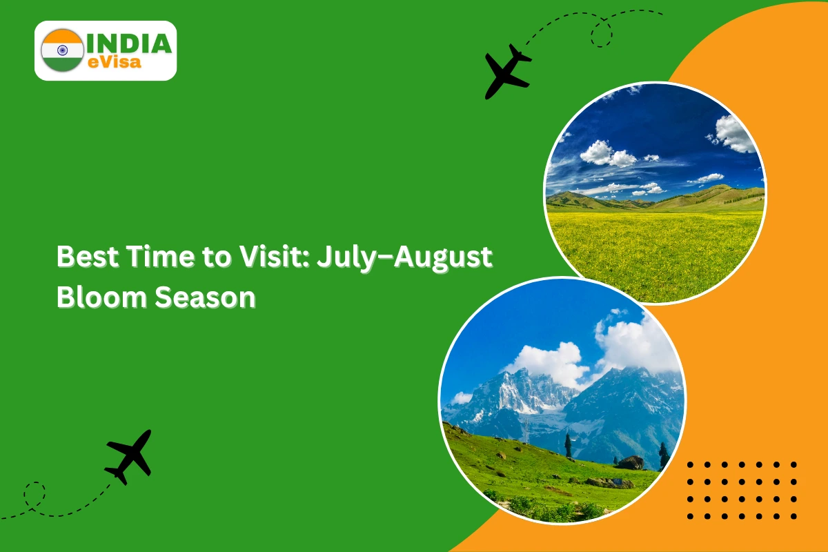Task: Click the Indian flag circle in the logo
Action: coord(62,50)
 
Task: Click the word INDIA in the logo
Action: coord(130,43)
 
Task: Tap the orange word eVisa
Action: coord(115,62)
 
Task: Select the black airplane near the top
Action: coord(508,71)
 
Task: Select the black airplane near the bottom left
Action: coord(129,457)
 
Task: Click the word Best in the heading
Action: coord(88,256)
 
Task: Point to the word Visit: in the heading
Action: coord(274,256)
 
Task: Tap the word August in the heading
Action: coord(443,259)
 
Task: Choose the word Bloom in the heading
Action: coord(101,297)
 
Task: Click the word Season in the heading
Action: coord(205,297)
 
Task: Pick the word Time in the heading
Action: coord(160,256)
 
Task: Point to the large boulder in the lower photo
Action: coord(631,463)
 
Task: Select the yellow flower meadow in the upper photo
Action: coord(654,255)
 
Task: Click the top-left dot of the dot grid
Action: coord(690,465)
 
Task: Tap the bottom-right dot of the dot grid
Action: coord(793,516)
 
